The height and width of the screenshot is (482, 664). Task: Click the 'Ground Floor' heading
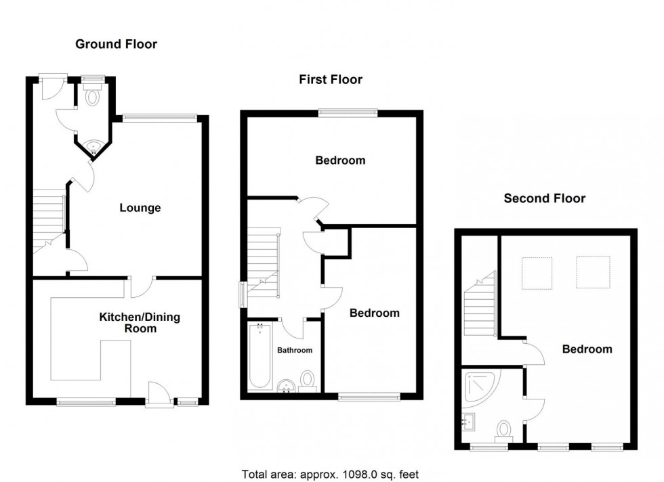click(116, 45)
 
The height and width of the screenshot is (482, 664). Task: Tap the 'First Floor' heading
click(331, 80)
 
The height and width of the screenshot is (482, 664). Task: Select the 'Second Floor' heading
click(544, 198)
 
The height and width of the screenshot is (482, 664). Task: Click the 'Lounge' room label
click(140, 208)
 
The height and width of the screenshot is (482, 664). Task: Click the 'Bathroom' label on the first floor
click(295, 350)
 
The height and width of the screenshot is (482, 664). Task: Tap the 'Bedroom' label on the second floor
click(587, 349)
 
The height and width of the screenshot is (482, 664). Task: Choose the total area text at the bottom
click(335, 474)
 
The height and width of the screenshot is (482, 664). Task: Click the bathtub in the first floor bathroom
click(259, 357)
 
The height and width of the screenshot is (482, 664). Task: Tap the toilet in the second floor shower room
click(503, 431)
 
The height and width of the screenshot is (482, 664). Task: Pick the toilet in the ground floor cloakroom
click(93, 96)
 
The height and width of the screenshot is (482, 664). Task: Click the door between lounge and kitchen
click(142, 288)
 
